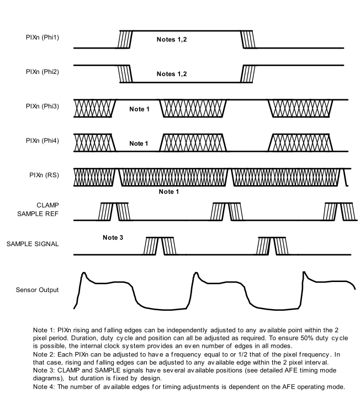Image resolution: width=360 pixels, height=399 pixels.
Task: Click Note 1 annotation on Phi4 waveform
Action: [140, 143]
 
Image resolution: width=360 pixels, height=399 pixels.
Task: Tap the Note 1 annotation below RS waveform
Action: [170, 191]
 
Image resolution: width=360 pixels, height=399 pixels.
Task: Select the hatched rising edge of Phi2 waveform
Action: [246, 73]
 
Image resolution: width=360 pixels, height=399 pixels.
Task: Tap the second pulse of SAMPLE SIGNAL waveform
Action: [273, 246]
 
